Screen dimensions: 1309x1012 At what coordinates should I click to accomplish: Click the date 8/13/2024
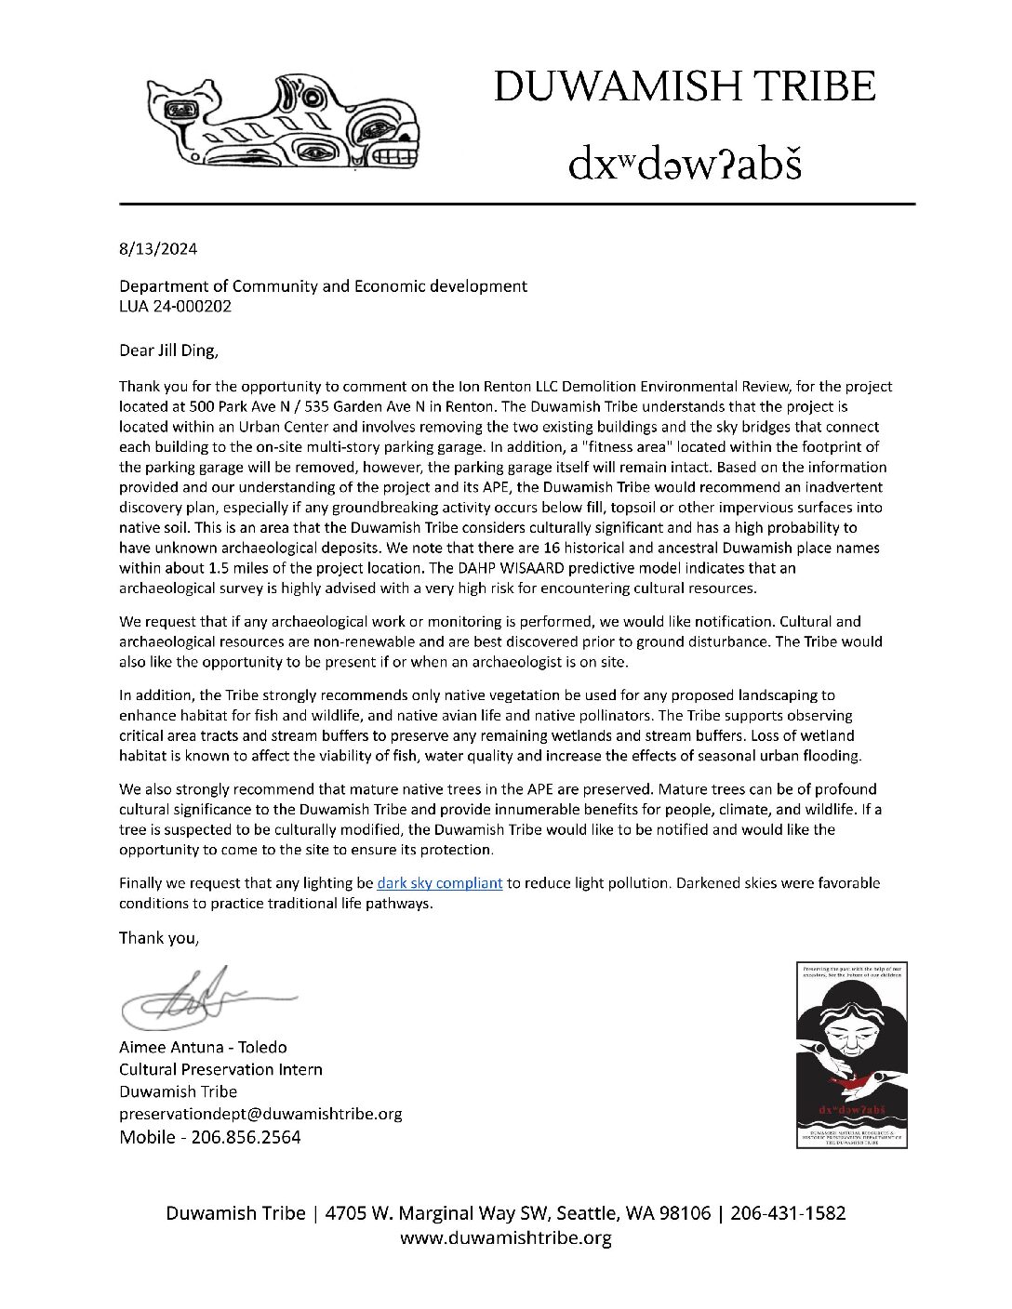(158, 250)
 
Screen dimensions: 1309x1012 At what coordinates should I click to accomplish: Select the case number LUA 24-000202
(175, 305)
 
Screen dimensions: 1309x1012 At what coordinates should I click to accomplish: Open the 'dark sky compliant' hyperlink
(440, 882)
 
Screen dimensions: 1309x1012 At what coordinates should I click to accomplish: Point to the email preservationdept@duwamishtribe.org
(260, 1113)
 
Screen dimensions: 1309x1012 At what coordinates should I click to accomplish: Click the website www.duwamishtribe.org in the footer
(505, 1236)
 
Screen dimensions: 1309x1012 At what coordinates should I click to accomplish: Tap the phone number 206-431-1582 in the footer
(788, 1213)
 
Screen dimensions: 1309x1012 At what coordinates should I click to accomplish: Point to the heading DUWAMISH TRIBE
(685, 86)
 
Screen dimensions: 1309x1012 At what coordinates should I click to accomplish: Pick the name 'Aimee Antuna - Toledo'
(203, 1048)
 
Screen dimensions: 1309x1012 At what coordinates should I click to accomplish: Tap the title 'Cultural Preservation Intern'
(220, 1069)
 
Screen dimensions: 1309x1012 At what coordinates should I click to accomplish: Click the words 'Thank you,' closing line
(159, 937)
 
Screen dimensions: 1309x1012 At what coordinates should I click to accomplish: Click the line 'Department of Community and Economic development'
(323, 286)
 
